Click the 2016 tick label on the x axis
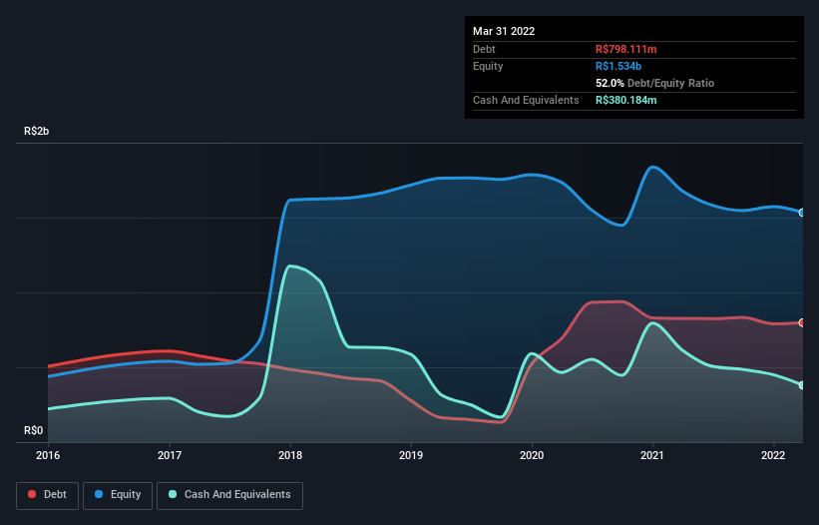pyautogui.click(x=48, y=456)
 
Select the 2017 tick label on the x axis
pyautogui.click(x=169, y=456)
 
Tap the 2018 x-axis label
pyautogui.click(x=289, y=456)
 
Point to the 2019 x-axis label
pyautogui.click(x=410, y=456)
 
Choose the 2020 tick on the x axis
pyautogui.click(x=532, y=456)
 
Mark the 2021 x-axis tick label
pyautogui.click(x=652, y=456)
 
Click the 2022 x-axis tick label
pyautogui.click(x=773, y=456)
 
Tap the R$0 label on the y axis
pyautogui.click(x=33, y=430)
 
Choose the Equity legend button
pyautogui.click(x=118, y=495)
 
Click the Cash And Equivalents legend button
pyautogui.click(x=229, y=495)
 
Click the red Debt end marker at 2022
pyautogui.click(x=802, y=322)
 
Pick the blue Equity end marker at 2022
pyautogui.click(x=802, y=213)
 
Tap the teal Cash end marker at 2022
pyautogui.click(x=802, y=385)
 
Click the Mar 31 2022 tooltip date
pyautogui.click(x=504, y=31)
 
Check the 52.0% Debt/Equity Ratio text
pyautogui.click(x=654, y=83)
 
